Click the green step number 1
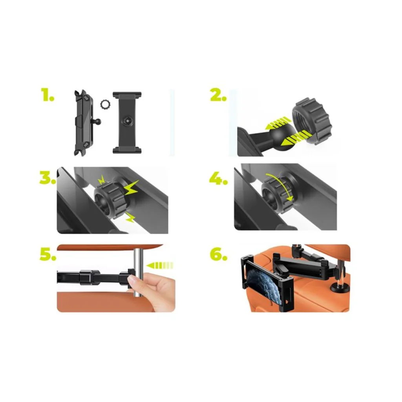click(48, 95)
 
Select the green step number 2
click(218, 95)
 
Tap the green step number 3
click(48, 177)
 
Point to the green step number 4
click(218, 177)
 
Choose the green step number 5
click(48, 254)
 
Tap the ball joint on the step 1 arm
click(98, 121)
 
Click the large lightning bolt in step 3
click(131, 188)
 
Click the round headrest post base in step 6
click(339, 289)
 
